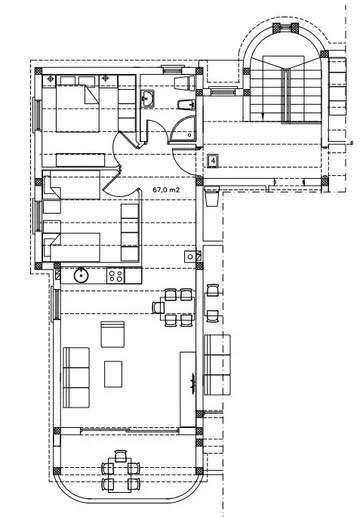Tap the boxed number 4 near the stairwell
tap(214, 159)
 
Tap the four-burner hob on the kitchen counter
tap(116, 273)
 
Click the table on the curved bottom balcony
tap(121, 470)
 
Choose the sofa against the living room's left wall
tap(77, 371)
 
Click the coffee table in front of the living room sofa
tap(111, 372)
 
